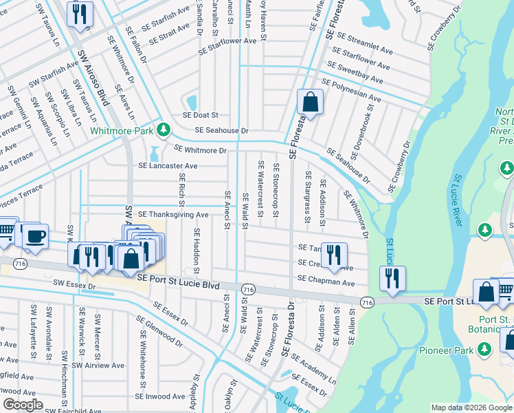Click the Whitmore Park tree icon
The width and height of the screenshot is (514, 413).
163,129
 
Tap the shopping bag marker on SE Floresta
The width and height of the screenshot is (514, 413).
311,103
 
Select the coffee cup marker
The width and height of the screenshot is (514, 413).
34,236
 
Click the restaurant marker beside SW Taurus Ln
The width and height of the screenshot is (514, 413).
80,14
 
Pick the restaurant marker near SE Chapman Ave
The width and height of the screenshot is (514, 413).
333,254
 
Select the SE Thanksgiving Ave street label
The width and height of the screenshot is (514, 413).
173,215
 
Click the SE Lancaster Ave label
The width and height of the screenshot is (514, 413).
168,166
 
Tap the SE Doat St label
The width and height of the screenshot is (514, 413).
200,116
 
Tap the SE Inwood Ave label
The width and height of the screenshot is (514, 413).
159,396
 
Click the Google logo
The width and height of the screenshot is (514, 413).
23,405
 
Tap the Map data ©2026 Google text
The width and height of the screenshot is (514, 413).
471,407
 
